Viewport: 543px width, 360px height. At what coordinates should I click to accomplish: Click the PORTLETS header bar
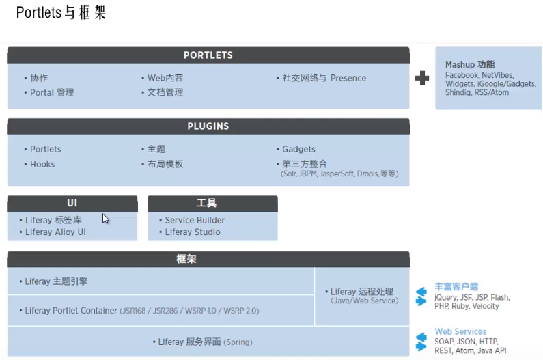(x=208, y=55)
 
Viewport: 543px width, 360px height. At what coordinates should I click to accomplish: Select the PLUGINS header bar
(x=208, y=126)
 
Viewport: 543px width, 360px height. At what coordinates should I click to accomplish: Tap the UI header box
(x=72, y=204)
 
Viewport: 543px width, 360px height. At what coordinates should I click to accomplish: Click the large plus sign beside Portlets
(x=422, y=78)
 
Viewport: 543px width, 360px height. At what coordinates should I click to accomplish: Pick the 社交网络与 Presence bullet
(x=324, y=78)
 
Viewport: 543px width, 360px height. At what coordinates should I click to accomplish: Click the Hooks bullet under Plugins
(x=42, y=164)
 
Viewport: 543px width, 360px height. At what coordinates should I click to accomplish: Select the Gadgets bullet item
(x=298, y=149)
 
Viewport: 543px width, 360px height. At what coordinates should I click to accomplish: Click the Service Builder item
(x=195, y=220)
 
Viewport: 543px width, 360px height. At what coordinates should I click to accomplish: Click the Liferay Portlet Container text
(x=71, y=311)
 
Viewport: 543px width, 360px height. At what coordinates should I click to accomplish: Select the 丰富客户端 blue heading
(x=456, y=287)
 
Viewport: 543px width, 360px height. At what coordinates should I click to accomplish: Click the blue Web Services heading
(x=460, y=331)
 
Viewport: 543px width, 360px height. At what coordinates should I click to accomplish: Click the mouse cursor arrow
(x=105, y=219)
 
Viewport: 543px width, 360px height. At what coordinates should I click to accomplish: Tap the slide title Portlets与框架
(x=61, y=13)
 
